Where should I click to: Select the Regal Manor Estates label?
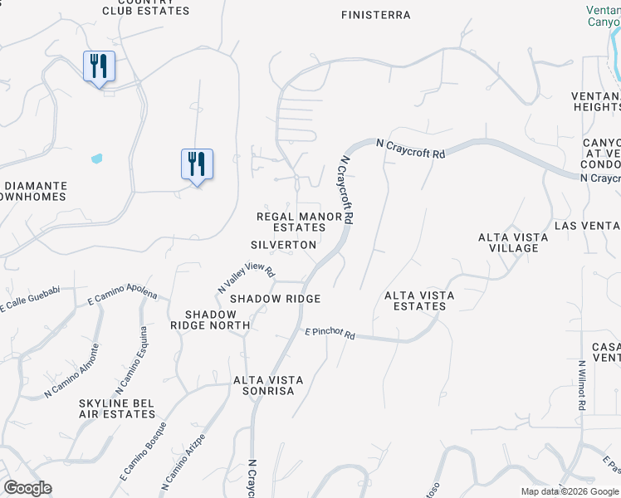(300, 222)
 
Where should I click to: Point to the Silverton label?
(284, 245)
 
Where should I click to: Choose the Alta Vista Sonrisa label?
(268, 385)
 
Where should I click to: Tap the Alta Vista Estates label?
(415, 300)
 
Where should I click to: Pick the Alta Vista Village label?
(513, 242)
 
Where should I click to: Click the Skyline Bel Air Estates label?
(116, 408)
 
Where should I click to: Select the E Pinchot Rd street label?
(330, 334)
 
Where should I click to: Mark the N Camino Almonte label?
(73, 369)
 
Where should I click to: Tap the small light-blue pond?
(97, 158)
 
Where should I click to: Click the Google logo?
(27, 488)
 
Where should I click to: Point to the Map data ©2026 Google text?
(570, 491)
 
